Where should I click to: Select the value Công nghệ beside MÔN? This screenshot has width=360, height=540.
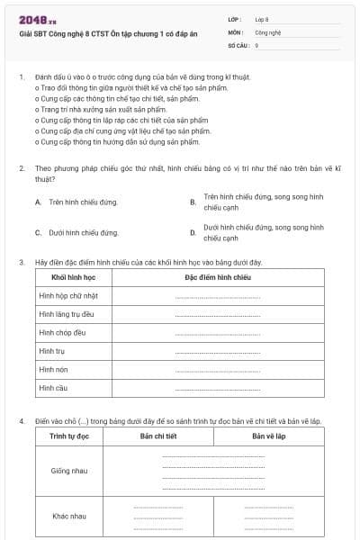267,31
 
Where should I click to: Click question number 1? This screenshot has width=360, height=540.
22,77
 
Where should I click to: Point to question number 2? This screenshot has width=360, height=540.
22,168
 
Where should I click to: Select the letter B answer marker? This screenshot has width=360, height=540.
193,202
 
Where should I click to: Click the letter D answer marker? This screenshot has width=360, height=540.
193,232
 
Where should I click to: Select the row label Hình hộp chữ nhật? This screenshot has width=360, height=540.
68,295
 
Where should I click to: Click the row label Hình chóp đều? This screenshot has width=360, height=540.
62,332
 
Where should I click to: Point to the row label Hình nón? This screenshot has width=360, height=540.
54,369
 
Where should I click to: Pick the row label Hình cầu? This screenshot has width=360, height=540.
54,388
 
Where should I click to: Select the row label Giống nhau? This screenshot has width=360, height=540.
69,471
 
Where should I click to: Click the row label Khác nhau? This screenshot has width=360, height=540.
69,516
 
